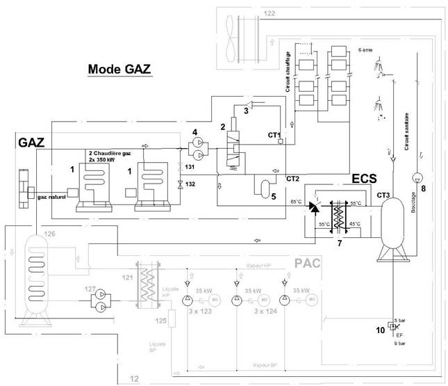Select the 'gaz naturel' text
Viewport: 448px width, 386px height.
52,198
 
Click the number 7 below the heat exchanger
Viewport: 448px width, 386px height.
338,244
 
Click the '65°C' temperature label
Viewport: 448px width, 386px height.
295,202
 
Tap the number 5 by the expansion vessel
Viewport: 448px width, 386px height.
274,195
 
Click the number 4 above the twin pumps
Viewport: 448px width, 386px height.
195,131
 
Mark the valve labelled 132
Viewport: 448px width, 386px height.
180,184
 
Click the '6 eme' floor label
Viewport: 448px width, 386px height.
365,51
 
